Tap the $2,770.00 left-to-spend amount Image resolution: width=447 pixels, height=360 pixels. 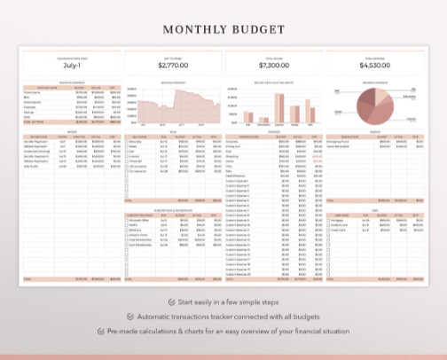(x=173, y=65)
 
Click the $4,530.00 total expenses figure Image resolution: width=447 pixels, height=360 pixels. (x=375, y=65)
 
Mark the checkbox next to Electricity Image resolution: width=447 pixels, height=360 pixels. (x=126, y=141)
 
